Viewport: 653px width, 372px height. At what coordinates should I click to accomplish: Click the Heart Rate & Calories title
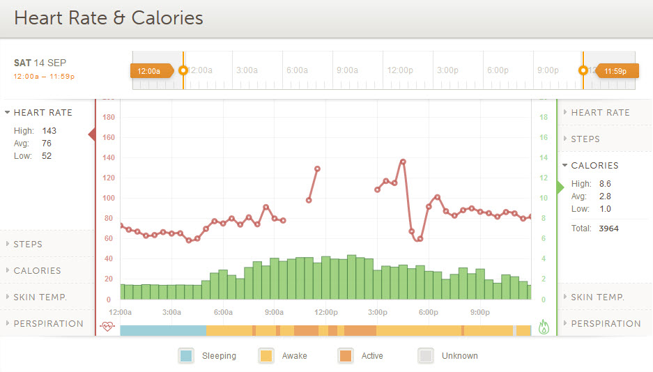(x=109, y=18)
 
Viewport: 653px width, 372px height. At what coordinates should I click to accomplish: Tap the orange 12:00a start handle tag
(x=149, y=70)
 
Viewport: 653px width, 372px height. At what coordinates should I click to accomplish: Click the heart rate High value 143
(x=49, y=131)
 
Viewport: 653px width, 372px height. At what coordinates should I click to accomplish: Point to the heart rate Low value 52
(x=47, y=156)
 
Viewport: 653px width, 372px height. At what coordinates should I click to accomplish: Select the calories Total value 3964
(x=608, y=228)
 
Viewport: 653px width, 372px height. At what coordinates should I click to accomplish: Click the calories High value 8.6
(x=605, y=184)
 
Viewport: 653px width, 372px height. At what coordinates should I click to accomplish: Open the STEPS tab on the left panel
(x=28, y=245)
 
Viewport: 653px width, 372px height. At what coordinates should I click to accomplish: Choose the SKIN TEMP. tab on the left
(x=39, y=297)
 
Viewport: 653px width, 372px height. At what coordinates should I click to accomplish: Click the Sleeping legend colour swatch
(x=186, y=355)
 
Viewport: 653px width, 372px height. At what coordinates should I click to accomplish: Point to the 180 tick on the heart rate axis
(x=108, y=118)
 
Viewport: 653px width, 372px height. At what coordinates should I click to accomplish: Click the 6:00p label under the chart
(x=429, y=312)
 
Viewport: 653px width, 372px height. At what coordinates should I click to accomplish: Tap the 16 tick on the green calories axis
(x=544, y=138)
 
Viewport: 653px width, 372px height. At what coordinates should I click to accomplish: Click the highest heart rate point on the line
(x=403, y=162)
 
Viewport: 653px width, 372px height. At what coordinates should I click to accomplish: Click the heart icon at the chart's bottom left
(x=107, y=325)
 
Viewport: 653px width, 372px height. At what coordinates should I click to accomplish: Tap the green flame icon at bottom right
(x=544, y=325)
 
